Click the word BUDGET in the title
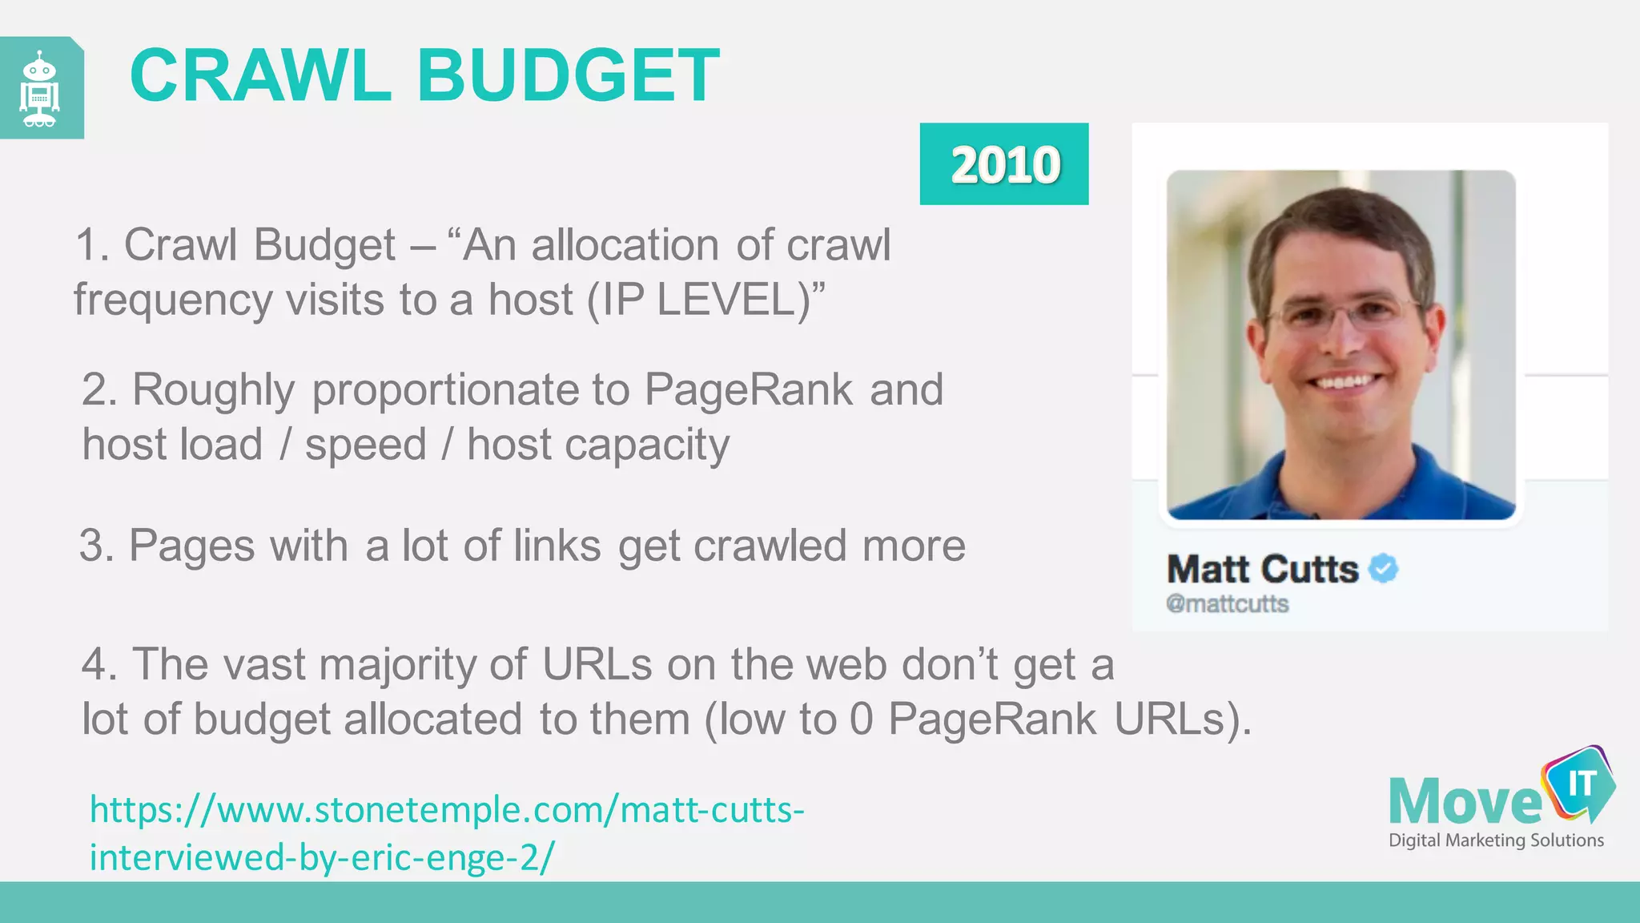(x=568, y=76)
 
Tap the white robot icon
(x=40, y=89)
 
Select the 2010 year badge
(x=1004, y=164)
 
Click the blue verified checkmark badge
(x=1383, y=569)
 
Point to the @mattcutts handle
(x=1227, y=603)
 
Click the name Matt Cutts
(x=1262, y=569)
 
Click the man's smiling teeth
(x=1345, y=381)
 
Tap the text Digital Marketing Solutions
(x=1496, y=840)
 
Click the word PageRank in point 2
(x=748, y=390)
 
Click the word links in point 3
(x=557, y=546)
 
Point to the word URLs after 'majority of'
(x=597, y=664)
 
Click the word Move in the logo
(x=1465, y=802)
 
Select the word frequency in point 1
(x=173, y=300)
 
